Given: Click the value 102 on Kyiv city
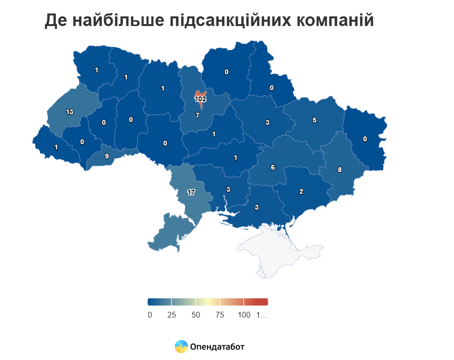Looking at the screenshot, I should (x=200, y=99).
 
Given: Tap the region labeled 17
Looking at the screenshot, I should (x=191, y=192).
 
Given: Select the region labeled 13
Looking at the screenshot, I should (x=69, y=112).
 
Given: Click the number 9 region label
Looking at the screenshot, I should (x=106, y=156).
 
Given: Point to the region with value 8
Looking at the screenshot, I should (x=339, y=170).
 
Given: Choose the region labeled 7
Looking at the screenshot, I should (x=197, y=116).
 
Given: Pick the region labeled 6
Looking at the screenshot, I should (x=272, y=167).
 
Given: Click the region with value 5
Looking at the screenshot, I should (x=314, y=120).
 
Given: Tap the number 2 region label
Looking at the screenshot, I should (x=301, y=191).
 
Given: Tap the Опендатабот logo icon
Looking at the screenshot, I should (x=181, y=347).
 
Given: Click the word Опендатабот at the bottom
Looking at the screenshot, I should (x=217, y=347).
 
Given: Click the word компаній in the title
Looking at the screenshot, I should (x=332, y=21).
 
